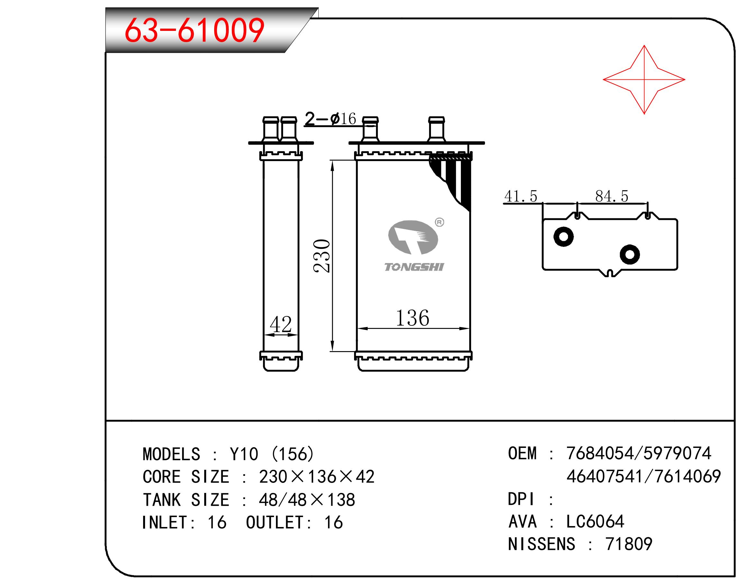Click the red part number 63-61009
[194, 31]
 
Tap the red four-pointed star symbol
[644, 80]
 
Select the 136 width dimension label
[412, 318]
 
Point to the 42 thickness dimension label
[280, 324]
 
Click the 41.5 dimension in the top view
[521, 196]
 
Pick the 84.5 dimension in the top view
[612, 196]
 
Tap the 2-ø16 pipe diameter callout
[330, 119]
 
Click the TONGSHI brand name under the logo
[414, 267]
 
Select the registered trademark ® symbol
[439, 222]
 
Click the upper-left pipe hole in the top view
[563, 237]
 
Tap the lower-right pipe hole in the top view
[629, 254]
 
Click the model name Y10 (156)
[272, 454]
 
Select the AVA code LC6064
[595, 522]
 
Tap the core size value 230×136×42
[316, 477]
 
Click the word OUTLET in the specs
[275, 522]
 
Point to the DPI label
[521, 499]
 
